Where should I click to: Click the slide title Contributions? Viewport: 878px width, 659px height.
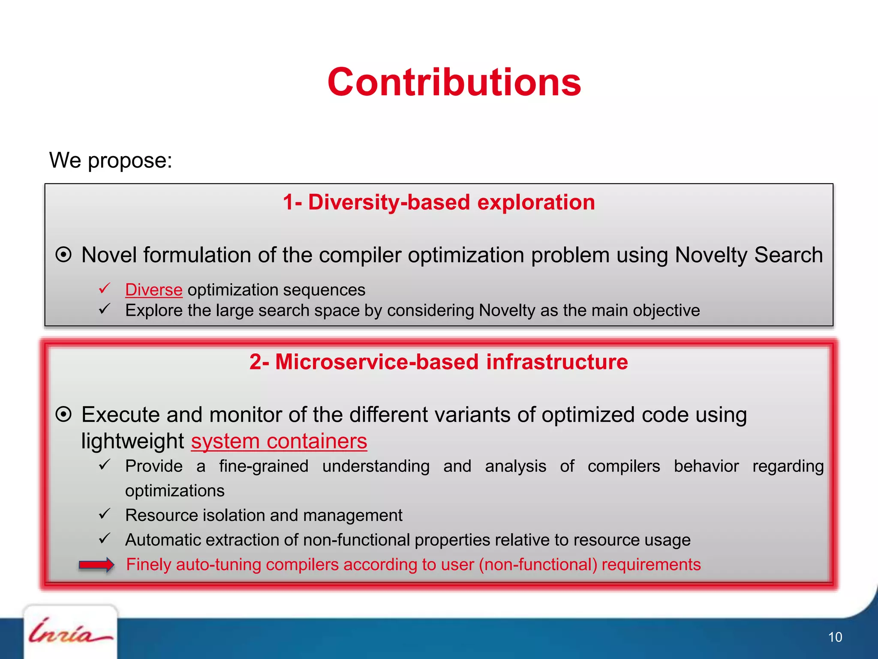coord(454,82)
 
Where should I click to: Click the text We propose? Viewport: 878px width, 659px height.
coord(111,160)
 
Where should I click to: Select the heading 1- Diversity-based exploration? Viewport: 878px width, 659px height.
coord(439,202)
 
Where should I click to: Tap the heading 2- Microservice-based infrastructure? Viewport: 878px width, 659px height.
coord(439,362)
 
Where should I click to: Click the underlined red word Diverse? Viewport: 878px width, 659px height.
coord(153,290)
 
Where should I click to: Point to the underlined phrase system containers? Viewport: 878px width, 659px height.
coord(279,441)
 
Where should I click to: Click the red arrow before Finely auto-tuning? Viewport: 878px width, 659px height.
coord(96,565)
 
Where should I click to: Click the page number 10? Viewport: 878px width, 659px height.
coord(835,637)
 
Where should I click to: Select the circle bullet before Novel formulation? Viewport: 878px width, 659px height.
coord(63,255)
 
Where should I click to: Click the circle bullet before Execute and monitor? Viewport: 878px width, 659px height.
coord(63,414)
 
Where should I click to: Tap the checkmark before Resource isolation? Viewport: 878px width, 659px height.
coord(105,514)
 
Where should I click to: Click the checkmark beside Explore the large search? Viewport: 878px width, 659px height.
coord(105,309)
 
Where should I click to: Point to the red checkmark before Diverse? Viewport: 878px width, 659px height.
coord(105,288)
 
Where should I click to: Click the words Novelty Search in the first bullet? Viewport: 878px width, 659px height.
coord(749,255)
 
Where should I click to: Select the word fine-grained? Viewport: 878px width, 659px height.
coord(264,466)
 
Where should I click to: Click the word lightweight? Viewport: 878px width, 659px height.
coord(132,441)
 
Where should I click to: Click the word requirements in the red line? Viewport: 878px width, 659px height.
coord(651,565)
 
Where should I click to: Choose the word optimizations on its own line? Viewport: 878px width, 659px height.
coord(174,491)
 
